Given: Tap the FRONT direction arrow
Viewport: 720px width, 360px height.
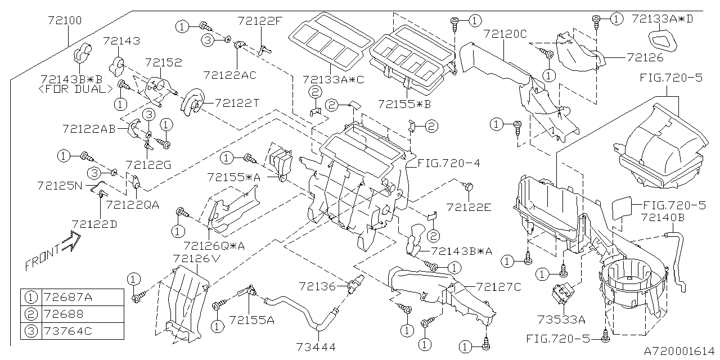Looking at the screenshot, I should [x=52, y=253].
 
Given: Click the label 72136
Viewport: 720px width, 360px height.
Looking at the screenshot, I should [x=317, y=287].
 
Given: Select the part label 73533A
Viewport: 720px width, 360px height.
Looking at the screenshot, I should [x=564, y=319].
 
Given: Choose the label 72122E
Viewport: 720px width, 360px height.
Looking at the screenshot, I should [x=469, y=207].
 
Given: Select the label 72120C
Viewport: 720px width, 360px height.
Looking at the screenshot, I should [x=505, y=34].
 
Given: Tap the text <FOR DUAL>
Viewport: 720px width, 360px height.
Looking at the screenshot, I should [x=73, y=89].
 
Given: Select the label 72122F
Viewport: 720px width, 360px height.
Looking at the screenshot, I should [x=259, y=21].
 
